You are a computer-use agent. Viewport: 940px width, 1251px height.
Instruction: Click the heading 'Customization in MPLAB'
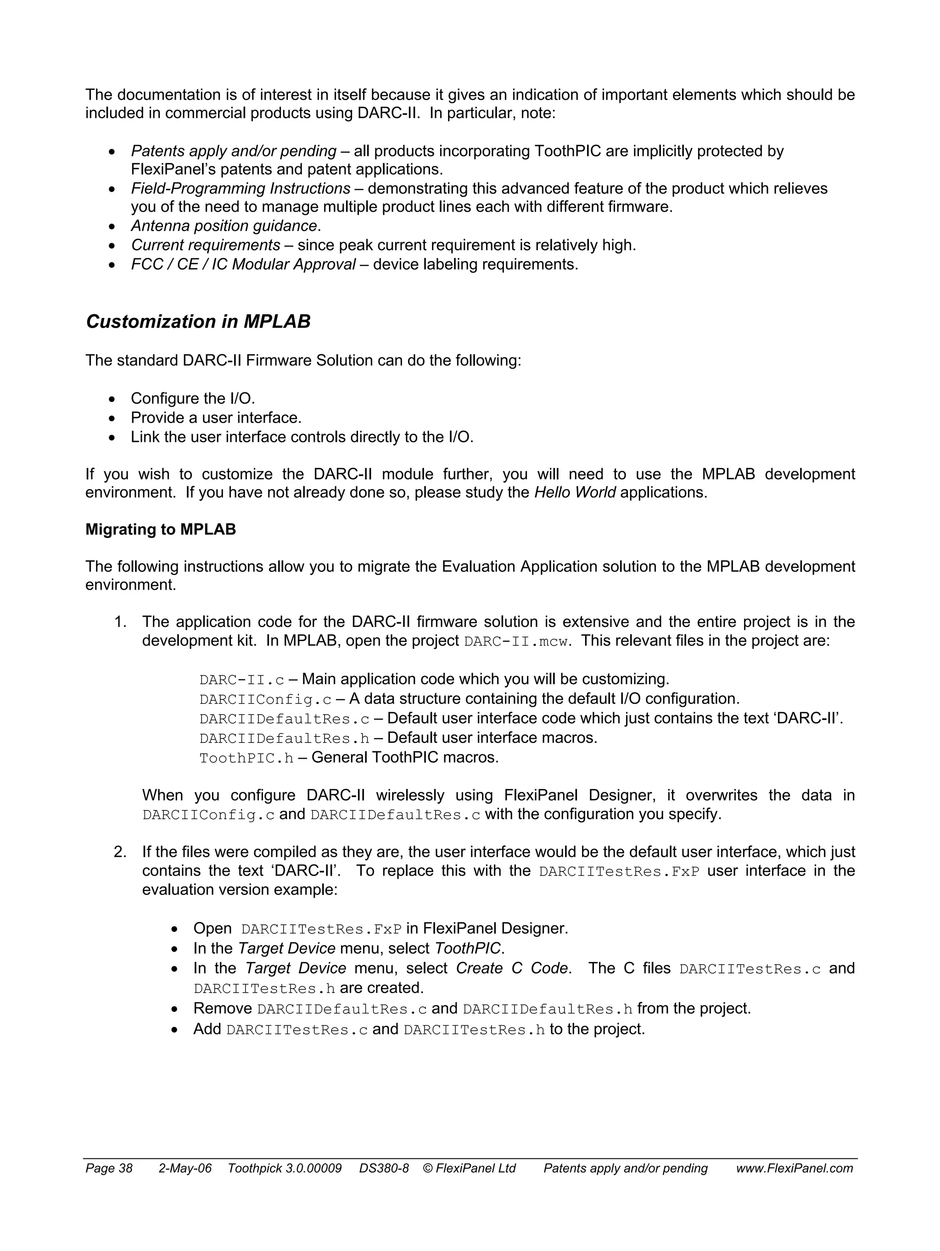pyautogui.click(x=198, y=322)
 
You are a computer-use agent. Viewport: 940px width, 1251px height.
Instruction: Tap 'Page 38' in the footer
pyautogui.click(x=109, y=1168)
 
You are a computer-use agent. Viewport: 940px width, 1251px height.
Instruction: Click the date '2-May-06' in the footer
pyautogui.click(x=185, y=1168)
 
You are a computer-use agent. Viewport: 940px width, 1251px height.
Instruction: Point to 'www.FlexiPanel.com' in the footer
pyautogui.click(x=794, y=1168)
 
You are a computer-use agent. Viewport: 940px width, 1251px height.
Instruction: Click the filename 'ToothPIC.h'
pyautogui.click(x=246, y=759)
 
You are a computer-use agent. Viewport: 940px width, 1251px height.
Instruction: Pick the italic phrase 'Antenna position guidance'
pyautogui.click(x=224, y=226)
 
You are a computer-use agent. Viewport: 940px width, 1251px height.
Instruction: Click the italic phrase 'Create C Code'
pyautogui.click(x=512, y=968)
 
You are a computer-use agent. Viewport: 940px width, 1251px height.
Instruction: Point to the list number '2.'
pyautogui.click(x=120, y=852)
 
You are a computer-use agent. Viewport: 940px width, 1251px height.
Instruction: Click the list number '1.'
pyautogui.click(x=120, y=622)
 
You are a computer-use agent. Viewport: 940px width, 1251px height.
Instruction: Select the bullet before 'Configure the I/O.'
pyautogui.click(x=112, y=400)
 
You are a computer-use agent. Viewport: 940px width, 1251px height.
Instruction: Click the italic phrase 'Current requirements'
pyautogui.click(x=205, y=246)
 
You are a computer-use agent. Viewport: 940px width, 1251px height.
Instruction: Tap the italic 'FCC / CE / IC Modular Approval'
pyautogui.click(x=243, y=265)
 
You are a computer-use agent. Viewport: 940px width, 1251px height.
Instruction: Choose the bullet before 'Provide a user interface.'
pyautogui.click(x=112, y=419)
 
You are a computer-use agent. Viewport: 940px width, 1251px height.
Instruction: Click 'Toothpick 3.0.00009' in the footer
pyautogui.click(x=285, y=1168)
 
